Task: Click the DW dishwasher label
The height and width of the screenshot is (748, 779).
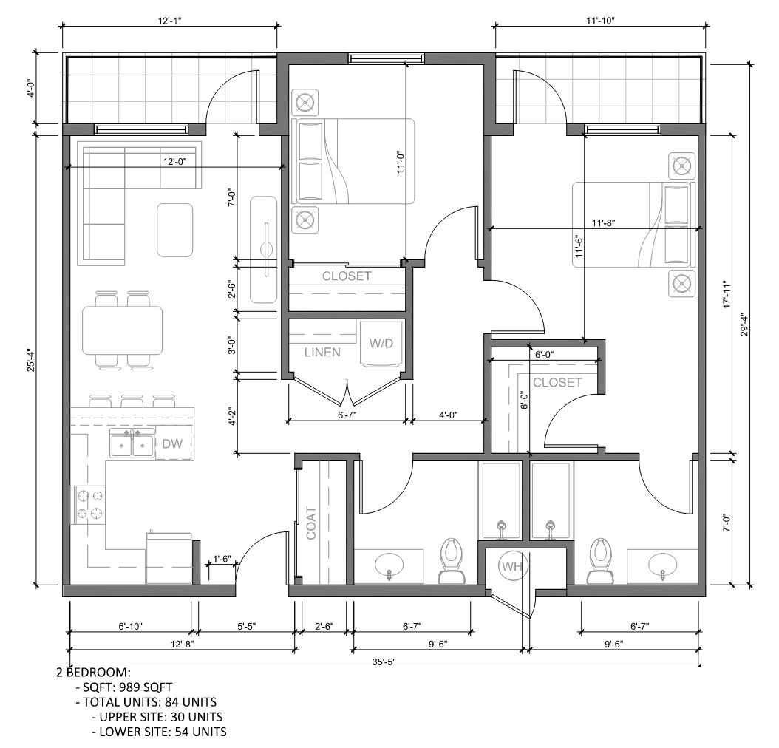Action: click(172, 443)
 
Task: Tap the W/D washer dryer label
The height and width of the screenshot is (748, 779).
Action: click(381, 343)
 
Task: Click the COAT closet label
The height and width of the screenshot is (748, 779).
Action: click(311, 523)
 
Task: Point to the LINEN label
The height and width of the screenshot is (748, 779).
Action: click(322, 352)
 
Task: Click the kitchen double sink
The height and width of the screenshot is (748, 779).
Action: click(132, 443)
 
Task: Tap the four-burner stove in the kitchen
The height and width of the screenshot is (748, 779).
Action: click(89, 505)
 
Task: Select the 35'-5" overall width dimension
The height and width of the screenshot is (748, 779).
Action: click(384, 662)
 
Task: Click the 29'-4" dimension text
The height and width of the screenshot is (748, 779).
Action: click(744, 324)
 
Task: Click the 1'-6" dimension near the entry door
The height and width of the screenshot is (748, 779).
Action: click(222, 559)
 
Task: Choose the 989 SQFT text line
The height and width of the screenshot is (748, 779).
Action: click(123, 687)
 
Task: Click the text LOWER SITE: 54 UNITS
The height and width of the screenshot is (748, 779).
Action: click(159, 732)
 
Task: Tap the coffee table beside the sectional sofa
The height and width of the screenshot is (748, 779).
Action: click(175, 230)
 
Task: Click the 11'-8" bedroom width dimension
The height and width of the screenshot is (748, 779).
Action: click(604, 223)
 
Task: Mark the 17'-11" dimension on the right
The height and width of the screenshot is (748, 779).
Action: click(727, 293)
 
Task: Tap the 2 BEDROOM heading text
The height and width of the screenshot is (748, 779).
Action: click(93, 673)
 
